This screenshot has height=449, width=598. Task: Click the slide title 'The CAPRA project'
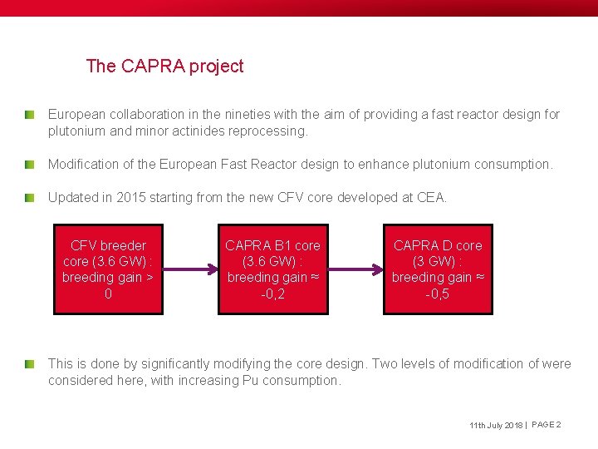[x=164, y=67]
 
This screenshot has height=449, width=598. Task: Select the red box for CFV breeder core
[x=108, y=269]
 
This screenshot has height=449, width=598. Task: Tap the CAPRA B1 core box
[x=272, y=269]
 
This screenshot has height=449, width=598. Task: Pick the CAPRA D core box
[x=438, y=269]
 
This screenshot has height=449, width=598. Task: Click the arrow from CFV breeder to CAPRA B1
[x=190, y=269]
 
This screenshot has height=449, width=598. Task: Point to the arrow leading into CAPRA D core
[x=355, y=269]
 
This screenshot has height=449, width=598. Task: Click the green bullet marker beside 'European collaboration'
[x=29, y=113]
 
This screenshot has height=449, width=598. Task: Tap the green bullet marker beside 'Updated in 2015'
[x=29, y=197]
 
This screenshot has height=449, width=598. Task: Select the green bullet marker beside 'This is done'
[x=29, y=363]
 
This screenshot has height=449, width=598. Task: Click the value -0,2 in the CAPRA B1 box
[x=272, y=294]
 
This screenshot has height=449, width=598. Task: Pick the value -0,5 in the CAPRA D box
[x=438, y=294]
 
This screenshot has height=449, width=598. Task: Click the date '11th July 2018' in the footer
[x=495, y=426]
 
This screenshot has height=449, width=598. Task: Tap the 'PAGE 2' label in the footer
[x=547, y=425]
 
